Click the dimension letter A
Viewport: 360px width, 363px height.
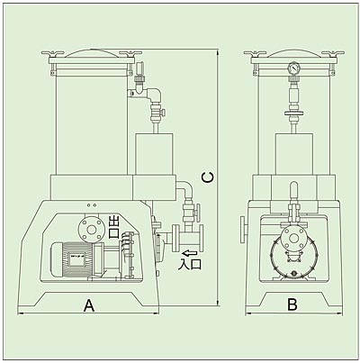[89, 305]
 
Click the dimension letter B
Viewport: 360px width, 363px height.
[292, 304]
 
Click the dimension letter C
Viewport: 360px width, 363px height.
[208, 177]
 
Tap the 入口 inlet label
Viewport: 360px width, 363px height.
[190, 263]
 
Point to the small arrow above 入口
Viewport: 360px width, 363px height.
[189, 253]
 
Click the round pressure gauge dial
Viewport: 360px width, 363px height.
[294, 68]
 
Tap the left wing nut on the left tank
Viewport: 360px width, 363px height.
[53, 54]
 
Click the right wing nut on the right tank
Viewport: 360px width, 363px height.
[333, 54]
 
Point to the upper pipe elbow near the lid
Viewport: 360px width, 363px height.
[155, 94]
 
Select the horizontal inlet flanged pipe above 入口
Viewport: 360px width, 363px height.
[187, 238]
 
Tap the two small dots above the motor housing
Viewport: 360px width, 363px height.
[92, 205]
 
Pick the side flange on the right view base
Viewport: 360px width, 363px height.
[243, 229]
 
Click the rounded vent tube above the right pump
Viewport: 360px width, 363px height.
[294, 191]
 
